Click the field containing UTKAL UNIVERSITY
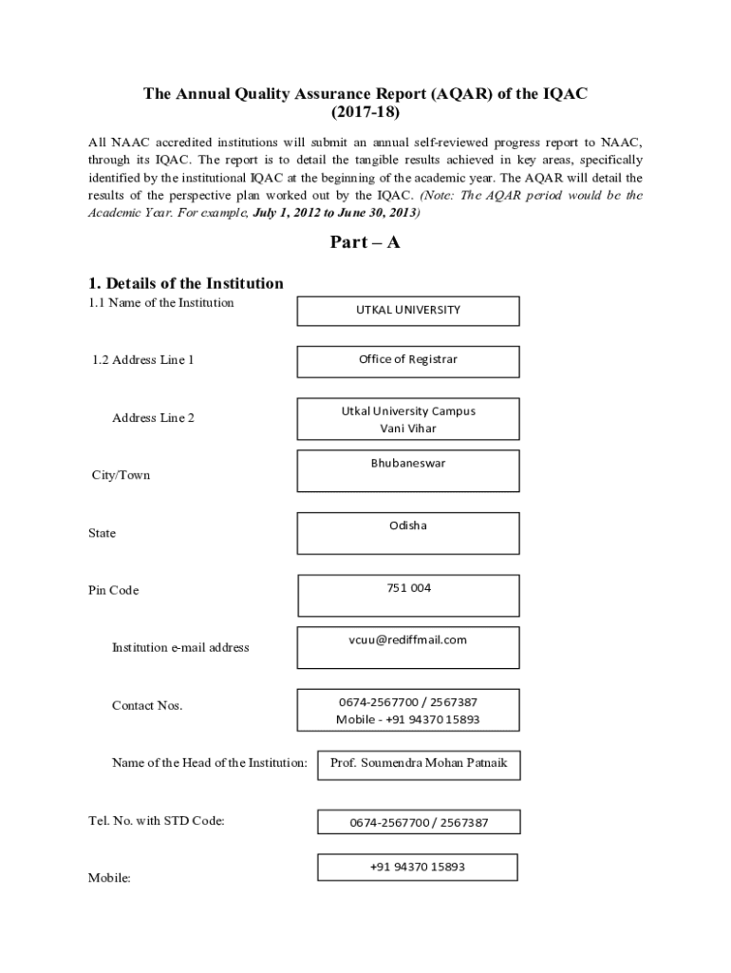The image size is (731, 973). point(408,310)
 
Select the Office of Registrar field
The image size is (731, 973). point(408,359)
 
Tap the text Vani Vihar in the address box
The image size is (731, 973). point(408,429)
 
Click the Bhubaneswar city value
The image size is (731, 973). point(408,464)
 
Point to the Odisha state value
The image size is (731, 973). point(408,525)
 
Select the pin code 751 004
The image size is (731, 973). point(408,588)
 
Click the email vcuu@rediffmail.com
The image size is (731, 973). point(408,639)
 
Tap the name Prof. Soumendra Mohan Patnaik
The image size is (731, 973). point(412,763)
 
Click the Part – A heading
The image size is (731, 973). point(365,242)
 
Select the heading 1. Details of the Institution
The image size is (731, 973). point(186,283)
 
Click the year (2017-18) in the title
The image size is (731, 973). point(365,112)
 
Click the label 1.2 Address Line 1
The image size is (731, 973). point(143,360)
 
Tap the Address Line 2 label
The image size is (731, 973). point(153,418)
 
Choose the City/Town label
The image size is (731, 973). point(121,475)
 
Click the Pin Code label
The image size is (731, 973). point(114,590)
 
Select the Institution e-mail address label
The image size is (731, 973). point(180,648)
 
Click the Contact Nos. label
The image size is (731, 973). point(147,705)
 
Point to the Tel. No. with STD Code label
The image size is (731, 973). point(157,821)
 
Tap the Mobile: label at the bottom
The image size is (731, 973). point(109,878)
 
